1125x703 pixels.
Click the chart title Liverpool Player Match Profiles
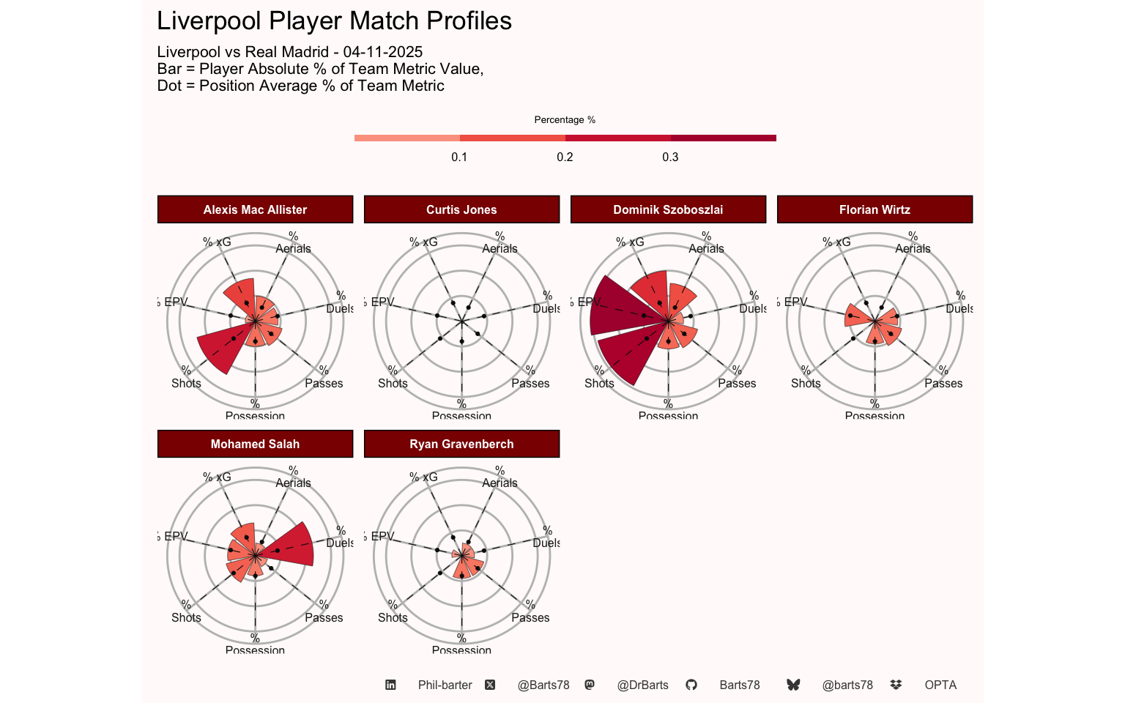(334, 21)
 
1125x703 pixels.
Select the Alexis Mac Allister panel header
(255, 209)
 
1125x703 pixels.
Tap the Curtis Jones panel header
(461, 209)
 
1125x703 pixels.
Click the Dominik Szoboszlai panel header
(668, 209)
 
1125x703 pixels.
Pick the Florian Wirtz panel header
(875, 209)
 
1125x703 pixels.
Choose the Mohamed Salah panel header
(255, 444)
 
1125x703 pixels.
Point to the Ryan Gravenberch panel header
(461, 444)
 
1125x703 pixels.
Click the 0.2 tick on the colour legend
(565, 157)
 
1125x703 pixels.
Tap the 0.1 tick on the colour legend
(459, 157)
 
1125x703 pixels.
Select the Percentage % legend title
(565, 120)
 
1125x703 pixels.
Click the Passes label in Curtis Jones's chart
(530, 383)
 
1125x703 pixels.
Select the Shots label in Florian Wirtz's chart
(806, 383)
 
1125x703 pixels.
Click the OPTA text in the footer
(940, 685)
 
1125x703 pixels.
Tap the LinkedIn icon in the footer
(390, 685)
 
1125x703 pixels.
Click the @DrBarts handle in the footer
(642, 685)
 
